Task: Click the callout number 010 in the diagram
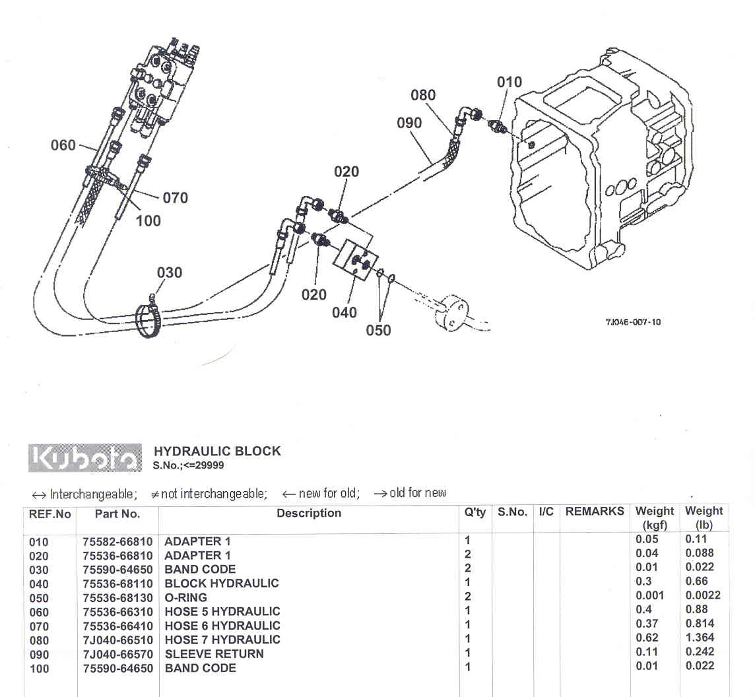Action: tap(509, 83)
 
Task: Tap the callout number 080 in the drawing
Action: tap(423, 95)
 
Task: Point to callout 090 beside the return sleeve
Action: tap(409, 123)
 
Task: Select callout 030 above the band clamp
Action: tap(170, 273)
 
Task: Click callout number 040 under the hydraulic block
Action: tap(345, 312)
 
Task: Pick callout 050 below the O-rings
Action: tap(379, 330)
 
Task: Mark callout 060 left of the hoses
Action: tap(63, 145)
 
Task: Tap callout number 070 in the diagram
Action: tap(175, 197)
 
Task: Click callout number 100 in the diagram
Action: tap(148, 220)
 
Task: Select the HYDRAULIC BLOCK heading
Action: tap(217, 451)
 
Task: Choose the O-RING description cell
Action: tap(185, 597)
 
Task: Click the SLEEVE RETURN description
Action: tap(214, 653)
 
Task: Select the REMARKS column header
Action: tap(595, 512)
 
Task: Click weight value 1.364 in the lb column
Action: tap(700, 638)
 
